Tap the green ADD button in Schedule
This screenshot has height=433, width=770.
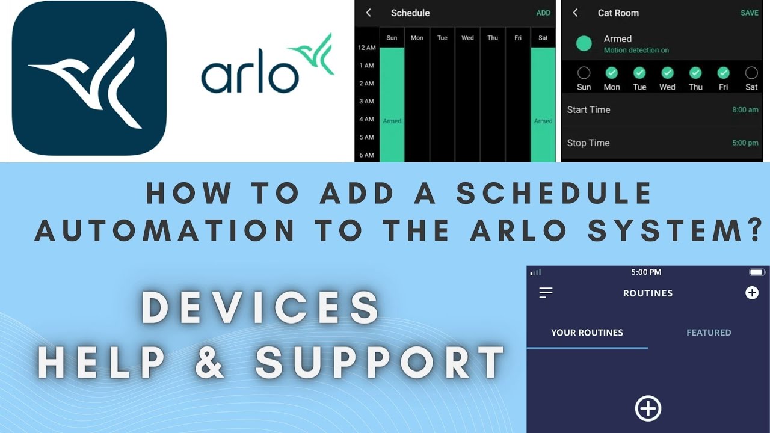click(x=543, y=13)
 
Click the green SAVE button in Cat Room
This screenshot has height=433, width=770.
click(x=749, y=13)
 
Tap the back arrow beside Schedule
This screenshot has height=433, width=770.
click(x=369, y=13)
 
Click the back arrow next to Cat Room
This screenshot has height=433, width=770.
click(x=575, y=13)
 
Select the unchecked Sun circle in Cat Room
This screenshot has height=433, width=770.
click(x=584, y=73)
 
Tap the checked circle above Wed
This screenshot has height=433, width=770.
click(x=667, y=73)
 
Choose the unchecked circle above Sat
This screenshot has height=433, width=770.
click(x=751, y=73)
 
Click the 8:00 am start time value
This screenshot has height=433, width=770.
click(x=745, y=110)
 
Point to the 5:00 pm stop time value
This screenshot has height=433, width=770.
click(x=745, y=143)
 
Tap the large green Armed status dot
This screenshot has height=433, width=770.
click(x=584, y=43)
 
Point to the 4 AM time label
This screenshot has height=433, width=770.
click(x=366, y=119)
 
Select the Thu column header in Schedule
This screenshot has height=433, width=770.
click(x=493, y=38)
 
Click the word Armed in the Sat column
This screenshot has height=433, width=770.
click(x=543, y=121)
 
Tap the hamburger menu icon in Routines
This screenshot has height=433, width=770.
click(x=546, y=293)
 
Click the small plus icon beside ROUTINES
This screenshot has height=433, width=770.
click(x=751, y=293)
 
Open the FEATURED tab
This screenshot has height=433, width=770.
click(x=709, y=333)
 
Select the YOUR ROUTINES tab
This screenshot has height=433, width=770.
click(x=587, y=333)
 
